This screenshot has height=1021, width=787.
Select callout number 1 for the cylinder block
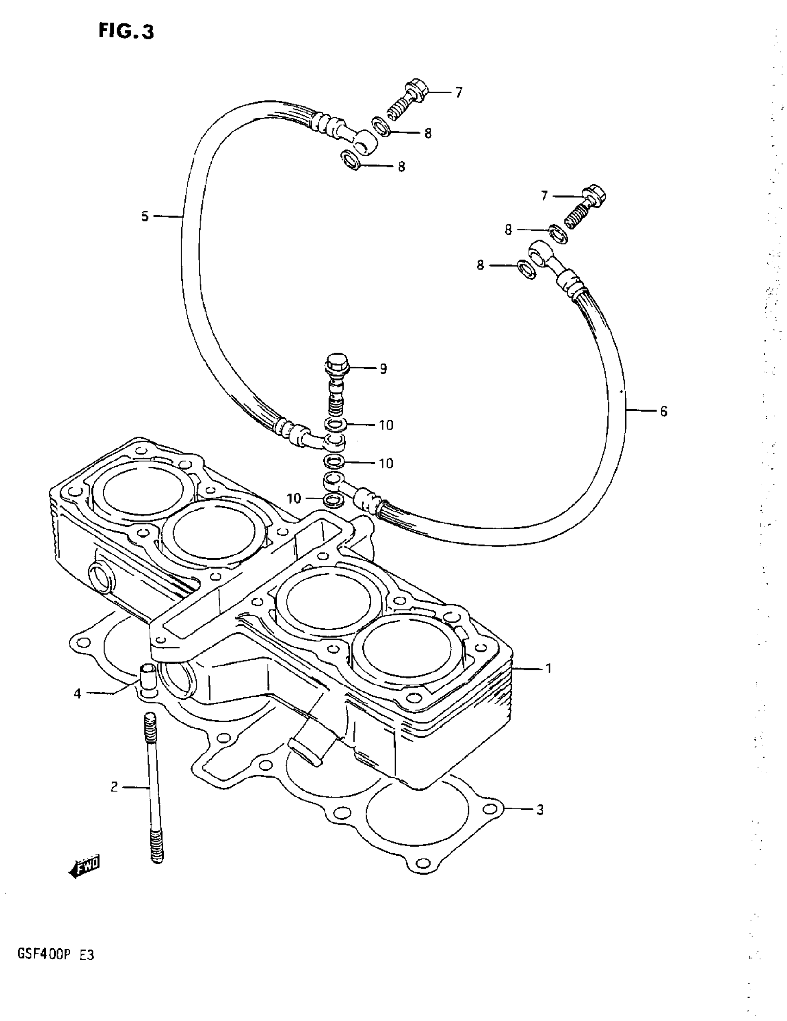coord(549,669)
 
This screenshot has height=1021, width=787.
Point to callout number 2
coord(113,787)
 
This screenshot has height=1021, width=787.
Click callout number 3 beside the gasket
coord(540,809)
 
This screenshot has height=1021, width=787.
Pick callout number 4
coord(77,694)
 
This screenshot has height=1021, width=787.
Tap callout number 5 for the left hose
coord(144,216)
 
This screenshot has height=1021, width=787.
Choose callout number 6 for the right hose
coord(663,411)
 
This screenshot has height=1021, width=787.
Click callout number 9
coord(383,369)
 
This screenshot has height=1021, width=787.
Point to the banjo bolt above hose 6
coord(587,205)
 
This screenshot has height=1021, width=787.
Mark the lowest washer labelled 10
coord(332,499)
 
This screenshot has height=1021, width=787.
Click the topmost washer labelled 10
coord(335,424)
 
